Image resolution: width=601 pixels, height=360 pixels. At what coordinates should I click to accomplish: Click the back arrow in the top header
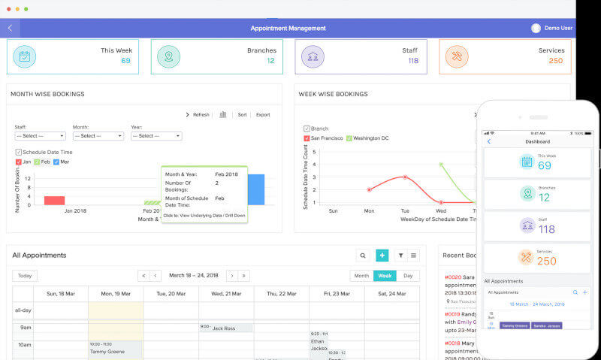(x=10, y=29)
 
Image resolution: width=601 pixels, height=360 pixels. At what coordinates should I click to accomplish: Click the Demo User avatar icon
(x=536, y=28)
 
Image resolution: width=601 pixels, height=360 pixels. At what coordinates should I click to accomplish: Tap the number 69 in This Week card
(x=125, y=61)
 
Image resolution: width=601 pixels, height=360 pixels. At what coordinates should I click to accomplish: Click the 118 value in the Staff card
(x=412, y=61)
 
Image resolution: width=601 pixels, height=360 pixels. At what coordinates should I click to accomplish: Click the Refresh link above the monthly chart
(x=198, y=115)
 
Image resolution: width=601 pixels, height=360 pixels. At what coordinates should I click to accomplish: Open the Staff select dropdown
(x=40, y=136)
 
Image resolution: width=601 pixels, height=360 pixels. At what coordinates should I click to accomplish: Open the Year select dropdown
(x=156, y=136)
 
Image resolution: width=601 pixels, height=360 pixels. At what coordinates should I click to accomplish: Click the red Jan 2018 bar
(x=54, y=200)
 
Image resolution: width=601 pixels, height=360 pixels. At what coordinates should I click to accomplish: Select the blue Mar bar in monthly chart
(x=255, y=189)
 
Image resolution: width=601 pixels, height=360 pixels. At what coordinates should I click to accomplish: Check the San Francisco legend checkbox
(x=307, y=139)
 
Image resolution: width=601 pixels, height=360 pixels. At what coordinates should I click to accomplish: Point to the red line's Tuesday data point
(x=405, y=177)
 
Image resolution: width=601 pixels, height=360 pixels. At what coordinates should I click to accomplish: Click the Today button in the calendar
(x=25, y=276)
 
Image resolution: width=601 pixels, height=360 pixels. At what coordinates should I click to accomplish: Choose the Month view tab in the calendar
(x=361, y=276)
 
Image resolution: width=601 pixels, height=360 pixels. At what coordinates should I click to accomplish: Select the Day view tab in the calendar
(x=408, y=276)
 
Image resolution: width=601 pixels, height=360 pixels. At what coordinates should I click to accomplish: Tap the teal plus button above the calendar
(x=382, y=256)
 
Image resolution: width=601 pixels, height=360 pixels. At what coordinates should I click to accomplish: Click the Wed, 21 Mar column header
(x=226, y=294)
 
